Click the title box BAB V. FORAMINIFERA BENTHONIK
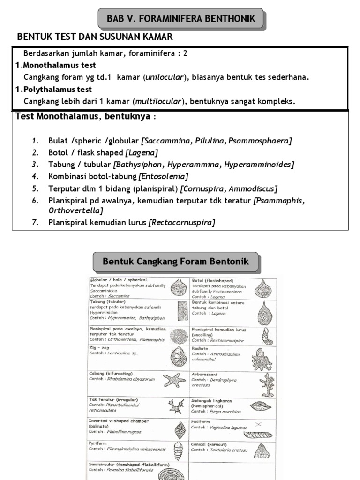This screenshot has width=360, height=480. pyautogui.click(x=181, y=19)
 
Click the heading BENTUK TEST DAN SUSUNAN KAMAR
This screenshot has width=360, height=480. pyautogui.click(x=95, y=37)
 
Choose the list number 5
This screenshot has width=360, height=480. pyautogui.click(x=35, y=189)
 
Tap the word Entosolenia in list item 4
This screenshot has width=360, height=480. pyautogui.click(x=164, y=177)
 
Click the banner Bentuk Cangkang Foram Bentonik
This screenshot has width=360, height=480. pyautogui.click(x=175, y=261)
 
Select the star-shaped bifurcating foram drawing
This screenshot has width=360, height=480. pyautogui.click(x=174, y=379)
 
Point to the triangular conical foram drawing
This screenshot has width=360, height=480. pyautogui.click(x=261, y=451)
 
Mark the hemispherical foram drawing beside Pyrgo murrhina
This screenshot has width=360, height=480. pyautogui.click(x=262, y=406)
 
